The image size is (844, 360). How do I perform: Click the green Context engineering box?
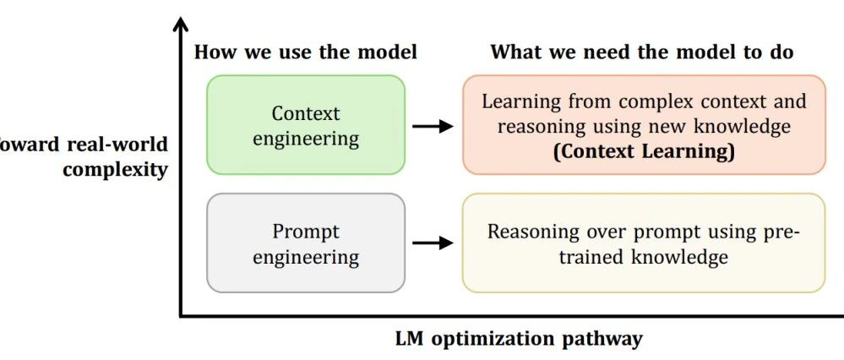pos(306,125)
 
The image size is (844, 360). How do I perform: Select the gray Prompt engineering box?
pos(306,243)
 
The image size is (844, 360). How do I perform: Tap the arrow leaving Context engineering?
pos(433,126)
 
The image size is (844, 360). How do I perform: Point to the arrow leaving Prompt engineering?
pos(433,243)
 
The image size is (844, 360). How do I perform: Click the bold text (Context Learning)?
pos(643,152)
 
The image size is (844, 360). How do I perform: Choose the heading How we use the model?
pos(306,52)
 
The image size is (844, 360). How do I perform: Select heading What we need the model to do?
pos(642,52)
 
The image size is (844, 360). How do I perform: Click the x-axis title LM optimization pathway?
pos(519,339)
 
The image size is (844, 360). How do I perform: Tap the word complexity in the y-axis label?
pos(115,168)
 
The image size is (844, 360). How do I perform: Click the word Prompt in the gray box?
pos(306,231)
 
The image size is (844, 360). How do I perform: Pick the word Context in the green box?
pos(306,113)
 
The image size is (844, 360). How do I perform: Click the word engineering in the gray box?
pos(306,257)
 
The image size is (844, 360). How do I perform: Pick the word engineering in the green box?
pos(306,139)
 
